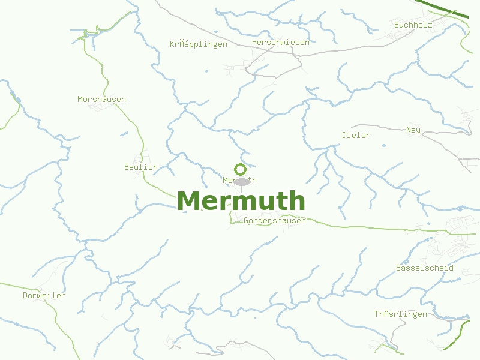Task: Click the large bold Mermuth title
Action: (241, 201)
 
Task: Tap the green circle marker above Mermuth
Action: (240, 169)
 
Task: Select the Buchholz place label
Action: (413, 25)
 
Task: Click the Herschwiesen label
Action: (281, 43)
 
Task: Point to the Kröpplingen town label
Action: (199, 44)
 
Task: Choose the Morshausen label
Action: (102, 99)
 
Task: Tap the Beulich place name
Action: (141, 167)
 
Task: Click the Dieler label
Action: (356, 135)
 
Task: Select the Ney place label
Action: (413, 130)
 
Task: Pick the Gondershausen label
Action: (275, 220)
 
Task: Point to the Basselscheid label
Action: (425, 268)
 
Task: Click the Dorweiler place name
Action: (44, 295)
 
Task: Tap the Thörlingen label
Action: (401, 314)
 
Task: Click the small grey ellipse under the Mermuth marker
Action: (242, 182)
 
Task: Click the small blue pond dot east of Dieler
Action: (383, 145)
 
